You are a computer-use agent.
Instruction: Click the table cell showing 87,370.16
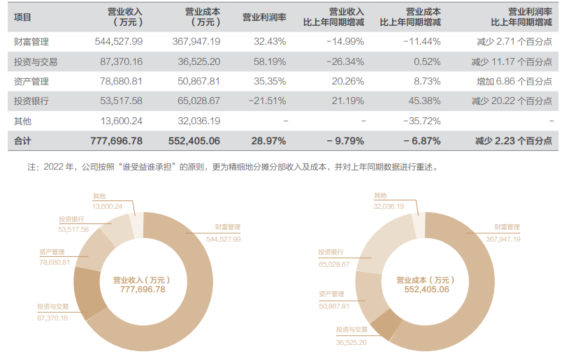coord(118,61)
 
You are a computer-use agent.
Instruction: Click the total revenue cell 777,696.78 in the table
coord(116,141)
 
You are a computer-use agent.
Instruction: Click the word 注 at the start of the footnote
coord(31,168)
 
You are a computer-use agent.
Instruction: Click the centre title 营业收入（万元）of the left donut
coord(143,279)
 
